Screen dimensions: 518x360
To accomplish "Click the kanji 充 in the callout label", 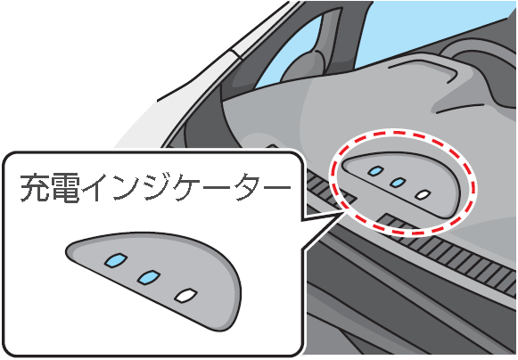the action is tap(35, 187).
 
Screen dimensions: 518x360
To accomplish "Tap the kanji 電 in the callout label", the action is tap(66, 187).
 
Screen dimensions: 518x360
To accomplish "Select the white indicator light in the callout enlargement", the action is tap(186, 295).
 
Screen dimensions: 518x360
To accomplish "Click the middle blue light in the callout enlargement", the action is tap(149, 277).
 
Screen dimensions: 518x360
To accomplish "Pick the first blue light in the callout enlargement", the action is tap(116, 260).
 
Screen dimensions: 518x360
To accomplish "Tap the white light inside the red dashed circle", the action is tap(423, 194).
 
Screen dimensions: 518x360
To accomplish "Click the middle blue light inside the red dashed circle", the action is tap(398, 183).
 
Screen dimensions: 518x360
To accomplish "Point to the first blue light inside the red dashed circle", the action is tap(376, 171).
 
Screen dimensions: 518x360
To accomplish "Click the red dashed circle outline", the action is tap(333, 183).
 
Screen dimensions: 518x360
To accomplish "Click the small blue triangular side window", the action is tap(291, 53).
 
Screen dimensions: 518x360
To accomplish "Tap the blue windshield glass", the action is tap(430, 29).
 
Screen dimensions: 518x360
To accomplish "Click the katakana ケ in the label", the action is tap(187, 187).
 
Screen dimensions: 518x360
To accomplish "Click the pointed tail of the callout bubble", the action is tap(343, 213).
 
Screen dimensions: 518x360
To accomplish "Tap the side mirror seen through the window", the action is tap(304, 66).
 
